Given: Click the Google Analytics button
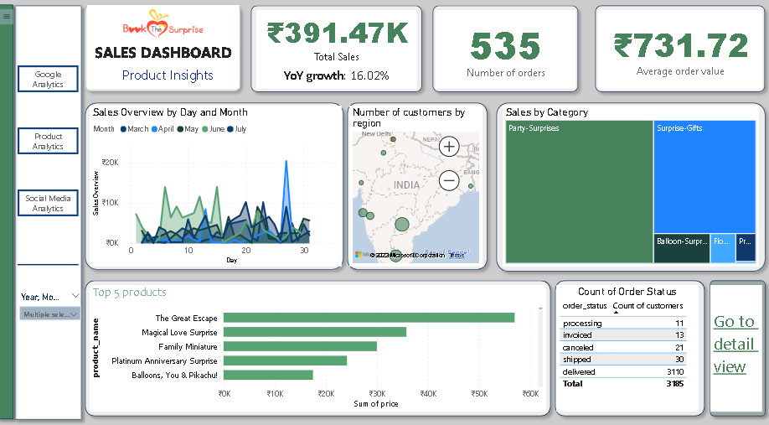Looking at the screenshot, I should (x=48, y=80).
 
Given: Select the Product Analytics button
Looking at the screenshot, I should (x=48, y=141).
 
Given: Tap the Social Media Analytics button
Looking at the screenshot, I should (x=48, y=203).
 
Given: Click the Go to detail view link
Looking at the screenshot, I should (x=735, y=344).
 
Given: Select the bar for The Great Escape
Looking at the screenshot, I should (x=369, y=318).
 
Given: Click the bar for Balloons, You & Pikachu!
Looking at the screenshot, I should (x=268, y=375).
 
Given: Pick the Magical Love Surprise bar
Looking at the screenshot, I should (x=314, y=332).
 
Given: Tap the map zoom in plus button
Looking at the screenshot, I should (x=450, y=148).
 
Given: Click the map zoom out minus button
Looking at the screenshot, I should (x=450, y=179).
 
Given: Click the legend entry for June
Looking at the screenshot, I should (x=215, y=129).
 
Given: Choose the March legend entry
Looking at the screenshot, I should (x=133, y=129).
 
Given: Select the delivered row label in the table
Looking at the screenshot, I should (x=579, y=371).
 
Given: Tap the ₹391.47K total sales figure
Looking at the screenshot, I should (x=338, y=33).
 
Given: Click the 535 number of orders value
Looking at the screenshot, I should (x=505, y=46).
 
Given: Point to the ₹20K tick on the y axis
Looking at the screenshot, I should (x=110, y=163).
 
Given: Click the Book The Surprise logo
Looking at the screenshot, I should (x=163, y=23).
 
